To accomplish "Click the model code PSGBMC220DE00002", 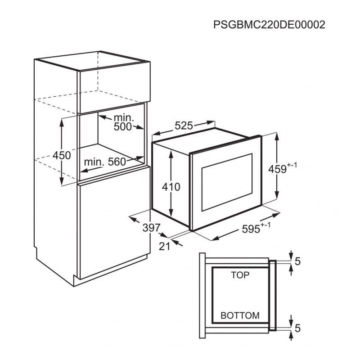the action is coord(269,25).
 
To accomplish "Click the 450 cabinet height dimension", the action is coord(62,155).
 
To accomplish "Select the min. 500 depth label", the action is coord(123,122).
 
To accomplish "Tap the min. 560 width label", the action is coord(105,162).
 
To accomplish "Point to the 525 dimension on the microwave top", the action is coord(184,126).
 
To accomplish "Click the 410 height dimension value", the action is coord(171,187).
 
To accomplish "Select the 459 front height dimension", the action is coord(283,168).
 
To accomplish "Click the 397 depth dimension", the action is coord(151,228).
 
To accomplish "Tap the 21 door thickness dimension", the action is coord(165,246).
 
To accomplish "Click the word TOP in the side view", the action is coord(240,275).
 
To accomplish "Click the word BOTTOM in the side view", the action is coord(240,315).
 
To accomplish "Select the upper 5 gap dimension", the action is coord(297,261).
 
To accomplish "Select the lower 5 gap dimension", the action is coord(297,328).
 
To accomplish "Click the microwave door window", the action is coord(227,182).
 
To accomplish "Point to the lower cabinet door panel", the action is coord(114,223).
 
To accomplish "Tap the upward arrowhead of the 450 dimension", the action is coord(62,123).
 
